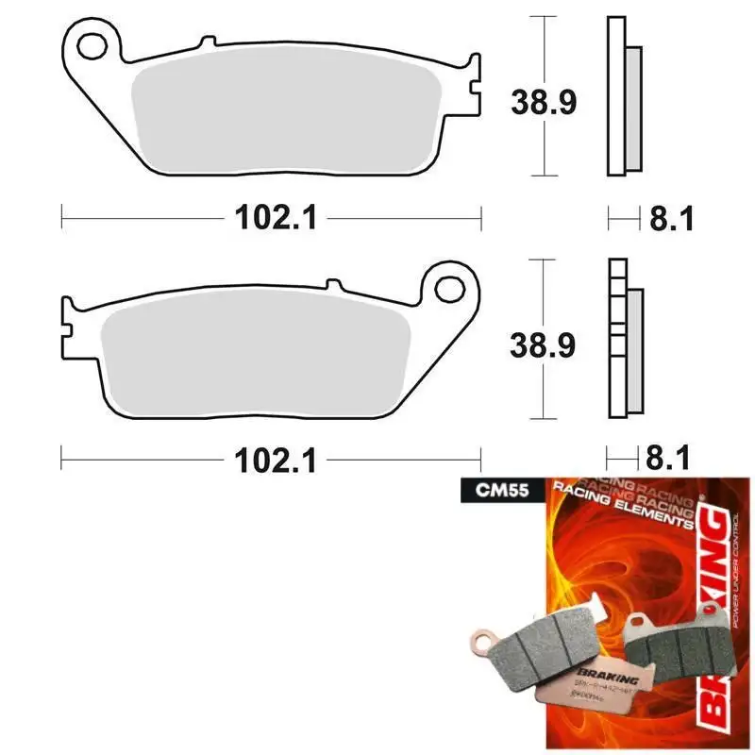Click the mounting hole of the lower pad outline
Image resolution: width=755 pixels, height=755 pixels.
coord(450,285)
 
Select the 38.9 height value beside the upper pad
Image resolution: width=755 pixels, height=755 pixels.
coord(543,100)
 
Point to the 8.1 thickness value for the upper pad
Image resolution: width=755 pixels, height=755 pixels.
coord(671,219)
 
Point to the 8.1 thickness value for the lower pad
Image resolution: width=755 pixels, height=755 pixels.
coord(671,461)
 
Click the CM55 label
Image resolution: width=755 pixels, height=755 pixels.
coord(487,491)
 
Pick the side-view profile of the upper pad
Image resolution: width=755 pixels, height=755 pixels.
coord(621,96)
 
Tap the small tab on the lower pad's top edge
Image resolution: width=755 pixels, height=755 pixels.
coord(332,282)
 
